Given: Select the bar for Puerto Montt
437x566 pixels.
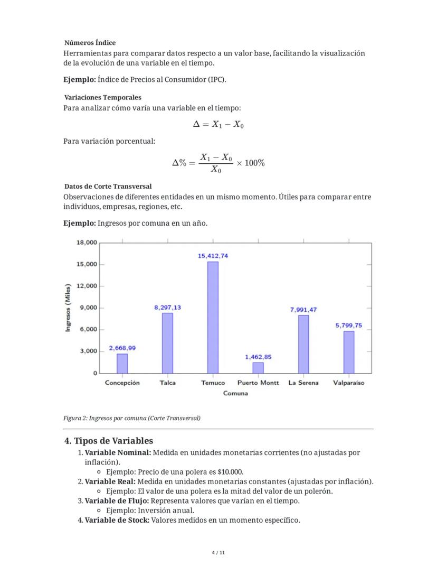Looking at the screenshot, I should click(258, 367).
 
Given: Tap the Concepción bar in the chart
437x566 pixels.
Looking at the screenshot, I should click(122, 363).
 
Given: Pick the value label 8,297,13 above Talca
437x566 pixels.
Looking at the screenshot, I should click(167, 307).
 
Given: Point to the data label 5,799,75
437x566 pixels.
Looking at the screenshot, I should click(349, 326).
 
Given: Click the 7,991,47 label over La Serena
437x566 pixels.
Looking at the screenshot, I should click(303, 310).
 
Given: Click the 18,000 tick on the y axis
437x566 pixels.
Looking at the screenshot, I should click(87, 243).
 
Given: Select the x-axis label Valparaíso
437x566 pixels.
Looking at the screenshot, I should click(349, 383).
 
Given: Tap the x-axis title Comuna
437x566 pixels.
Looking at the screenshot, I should click(235, 393).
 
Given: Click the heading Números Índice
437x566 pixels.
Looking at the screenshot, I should click(90, 42).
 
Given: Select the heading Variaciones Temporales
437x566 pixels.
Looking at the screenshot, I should click(102, 97).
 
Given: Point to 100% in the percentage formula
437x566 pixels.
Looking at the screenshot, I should click(254, 163).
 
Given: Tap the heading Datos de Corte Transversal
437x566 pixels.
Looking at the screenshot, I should click(108, 187).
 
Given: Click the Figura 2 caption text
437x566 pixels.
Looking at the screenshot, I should click(132, 418).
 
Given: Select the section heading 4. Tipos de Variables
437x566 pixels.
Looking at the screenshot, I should click(109, 441).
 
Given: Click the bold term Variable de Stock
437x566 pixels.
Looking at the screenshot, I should click(117, 520).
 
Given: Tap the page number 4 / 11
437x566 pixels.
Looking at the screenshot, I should click(218, 553).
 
